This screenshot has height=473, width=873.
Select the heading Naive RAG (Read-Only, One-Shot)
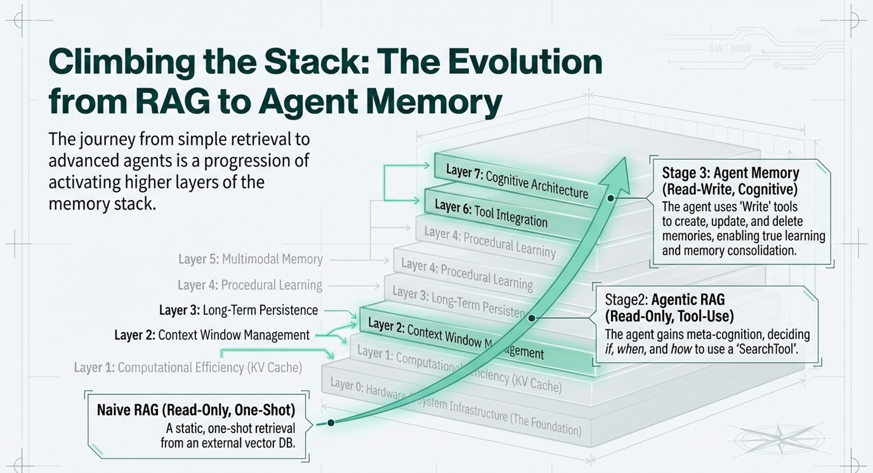click(196, 410)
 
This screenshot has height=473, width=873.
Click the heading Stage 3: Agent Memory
click(730, 173)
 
